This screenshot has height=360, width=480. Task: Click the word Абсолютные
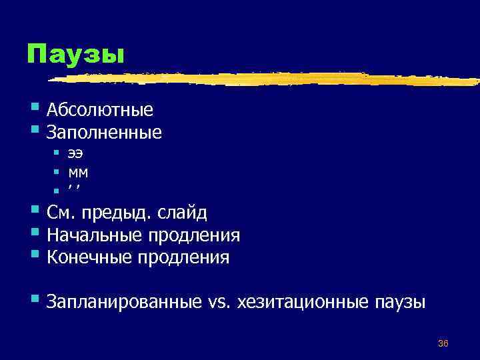pyautogui.click(x=100, y=109)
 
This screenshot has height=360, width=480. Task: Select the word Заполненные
pyautogui.click(x=104, y=133)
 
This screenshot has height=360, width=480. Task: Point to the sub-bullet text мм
pyautogui.click(x=78, y=172)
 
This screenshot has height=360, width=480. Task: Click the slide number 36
pyautogui.click(x=443, y=343)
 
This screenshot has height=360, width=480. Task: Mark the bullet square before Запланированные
pyautogui.click(x=35, y=300)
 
